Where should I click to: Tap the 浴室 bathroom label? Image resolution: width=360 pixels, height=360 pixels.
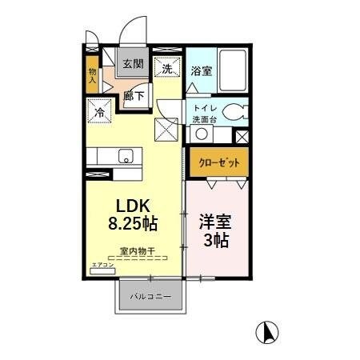(202, 71)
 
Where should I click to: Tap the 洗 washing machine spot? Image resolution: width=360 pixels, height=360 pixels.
(168, 70)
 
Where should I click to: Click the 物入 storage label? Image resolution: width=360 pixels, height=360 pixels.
(92, 76)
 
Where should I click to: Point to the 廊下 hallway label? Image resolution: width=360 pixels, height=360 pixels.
(133, 95)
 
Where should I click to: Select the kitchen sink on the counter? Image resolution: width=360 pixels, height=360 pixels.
(126, 155)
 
